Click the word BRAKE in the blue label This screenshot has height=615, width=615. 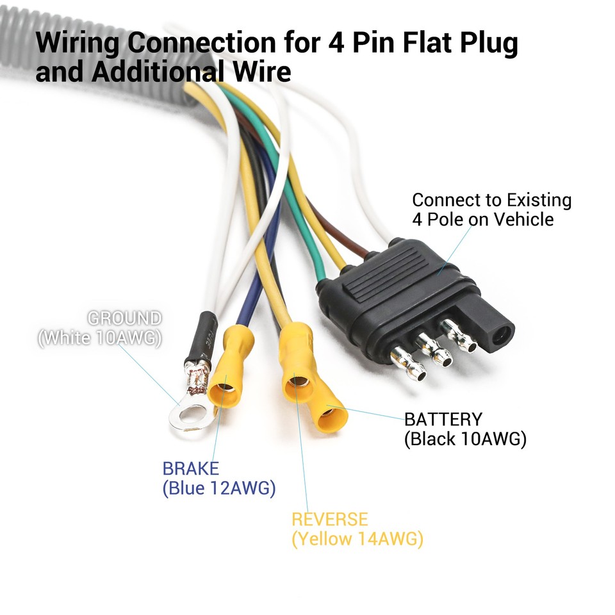(190, 468)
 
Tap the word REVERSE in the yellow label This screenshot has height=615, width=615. (330, 519)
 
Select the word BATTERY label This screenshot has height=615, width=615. (443, 420)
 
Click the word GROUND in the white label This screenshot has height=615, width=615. (124, 318)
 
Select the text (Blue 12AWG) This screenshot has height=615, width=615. (219, 489)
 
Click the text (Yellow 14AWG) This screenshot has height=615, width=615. (357, 539)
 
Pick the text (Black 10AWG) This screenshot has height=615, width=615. (465, 439)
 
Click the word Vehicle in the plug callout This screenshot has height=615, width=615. (522, 220)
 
